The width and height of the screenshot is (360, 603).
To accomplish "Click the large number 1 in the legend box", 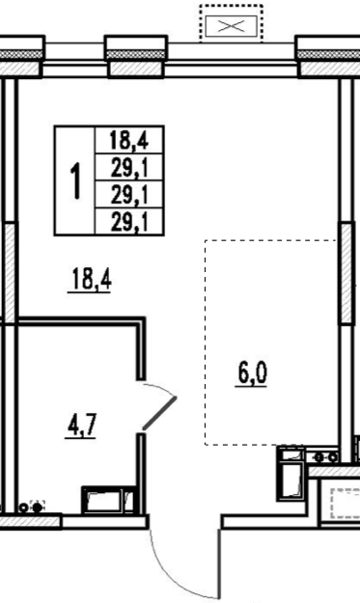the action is coord(76,180).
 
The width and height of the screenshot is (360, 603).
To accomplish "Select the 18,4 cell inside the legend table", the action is coord(129,140).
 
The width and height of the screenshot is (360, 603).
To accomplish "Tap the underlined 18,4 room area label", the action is coord(91,281).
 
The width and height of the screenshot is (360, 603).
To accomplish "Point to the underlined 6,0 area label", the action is coord(252,373).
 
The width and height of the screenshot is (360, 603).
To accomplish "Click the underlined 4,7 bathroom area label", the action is coord(81,425).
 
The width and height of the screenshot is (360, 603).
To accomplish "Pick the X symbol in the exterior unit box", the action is coord(231,26).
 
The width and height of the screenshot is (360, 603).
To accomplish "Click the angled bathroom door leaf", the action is coord(159,413).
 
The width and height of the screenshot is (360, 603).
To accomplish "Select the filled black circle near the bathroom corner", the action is coord(37,507).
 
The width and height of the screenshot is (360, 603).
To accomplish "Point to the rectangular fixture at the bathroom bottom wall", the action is coord(109,501).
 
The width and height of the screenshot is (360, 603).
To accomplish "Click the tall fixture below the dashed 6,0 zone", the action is coord(291,473).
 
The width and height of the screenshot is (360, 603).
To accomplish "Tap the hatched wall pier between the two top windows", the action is coord(136,69).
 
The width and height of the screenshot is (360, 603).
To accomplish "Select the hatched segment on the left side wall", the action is coord(10,273).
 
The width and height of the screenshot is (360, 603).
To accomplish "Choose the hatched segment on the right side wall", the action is coord(346,273).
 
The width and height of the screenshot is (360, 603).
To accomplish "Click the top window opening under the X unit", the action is coord(232,61).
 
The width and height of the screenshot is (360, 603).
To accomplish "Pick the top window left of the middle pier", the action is coord(75,61).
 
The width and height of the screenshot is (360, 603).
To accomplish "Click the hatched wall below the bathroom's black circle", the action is coord(30,522).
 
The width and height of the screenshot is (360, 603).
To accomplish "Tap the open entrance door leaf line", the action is coord(219,563).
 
